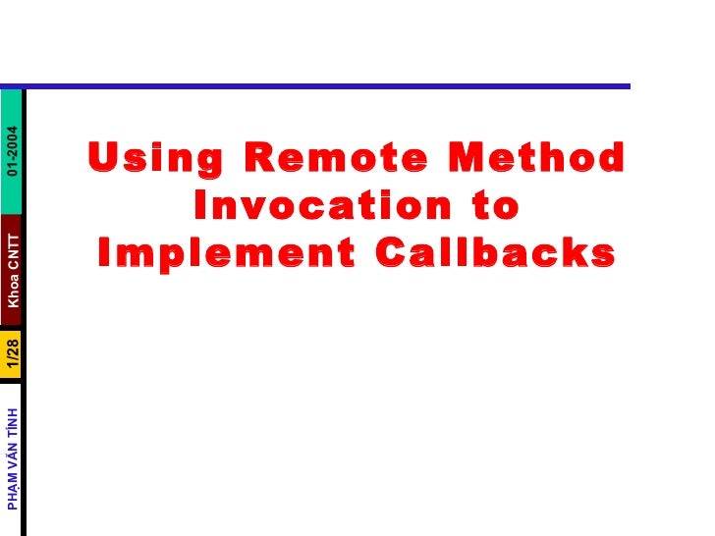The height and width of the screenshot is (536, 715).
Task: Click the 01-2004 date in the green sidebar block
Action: click(12, 151)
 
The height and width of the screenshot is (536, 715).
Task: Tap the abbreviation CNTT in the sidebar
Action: click(12, 244)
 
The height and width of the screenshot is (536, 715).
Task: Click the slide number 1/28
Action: click(12, 354)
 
